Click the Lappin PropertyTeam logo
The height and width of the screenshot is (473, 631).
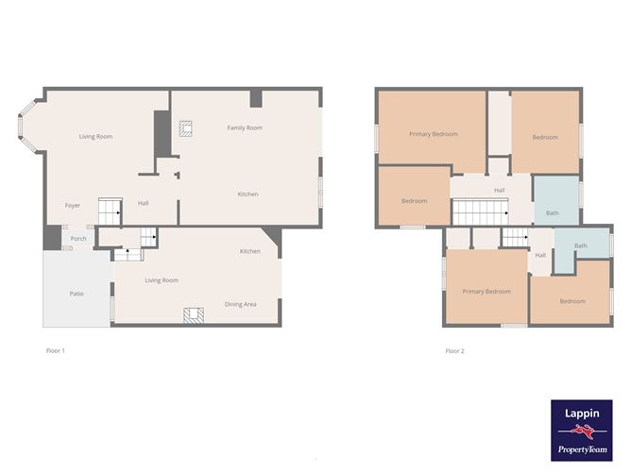pos(581,430)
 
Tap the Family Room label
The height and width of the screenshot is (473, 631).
pos(245,127)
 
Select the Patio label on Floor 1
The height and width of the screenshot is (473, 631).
pos(77,294)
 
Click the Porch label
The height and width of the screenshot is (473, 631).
pos(78,238)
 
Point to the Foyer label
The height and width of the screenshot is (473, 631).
pos(72,205)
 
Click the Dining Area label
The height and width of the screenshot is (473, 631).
pos(240,304)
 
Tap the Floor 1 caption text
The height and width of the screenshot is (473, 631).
pos(55,350)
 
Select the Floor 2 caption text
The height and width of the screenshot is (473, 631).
pos(454,350)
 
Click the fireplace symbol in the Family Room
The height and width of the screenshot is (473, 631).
pos(185,129)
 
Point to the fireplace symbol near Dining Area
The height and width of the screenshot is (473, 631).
pos(193,315)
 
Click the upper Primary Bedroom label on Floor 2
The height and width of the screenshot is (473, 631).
pos(433,134)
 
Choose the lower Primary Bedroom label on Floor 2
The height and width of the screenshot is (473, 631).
pos(486,291)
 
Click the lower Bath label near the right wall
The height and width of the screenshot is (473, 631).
pos(581,245)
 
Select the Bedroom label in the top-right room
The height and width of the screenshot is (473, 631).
pos(544,137)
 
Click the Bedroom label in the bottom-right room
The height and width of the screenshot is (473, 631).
pos(571,301)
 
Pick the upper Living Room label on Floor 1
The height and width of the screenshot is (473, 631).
pos(95,137)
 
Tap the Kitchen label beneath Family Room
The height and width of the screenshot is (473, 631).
pos(247,194)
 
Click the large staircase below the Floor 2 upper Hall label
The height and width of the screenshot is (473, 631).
pos(480,212)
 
